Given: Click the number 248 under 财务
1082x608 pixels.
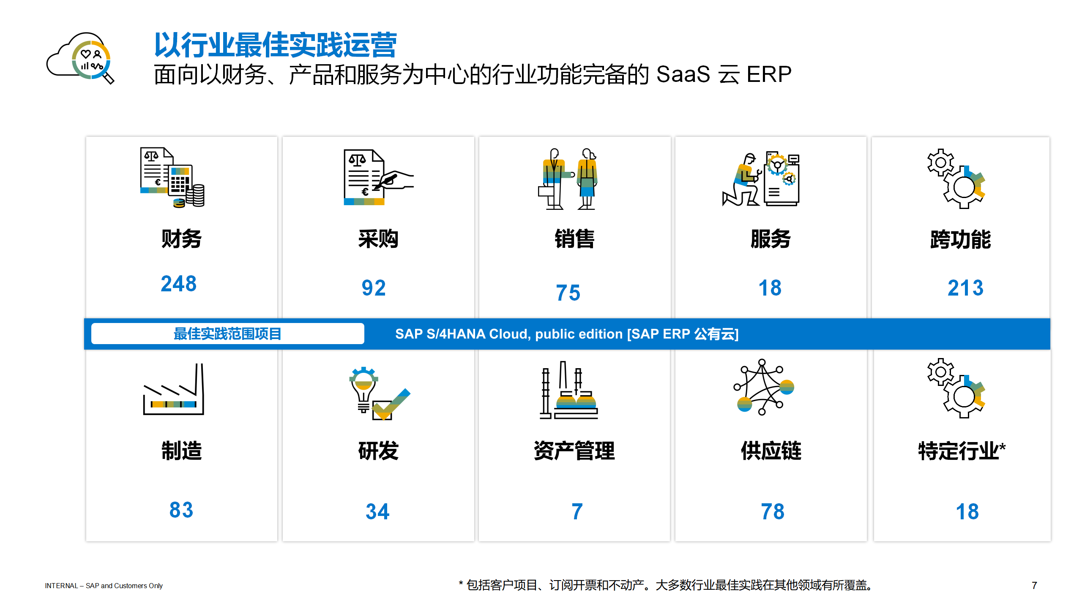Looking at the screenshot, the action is [179, 283].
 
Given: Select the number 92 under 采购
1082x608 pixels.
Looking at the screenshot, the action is [374, 288].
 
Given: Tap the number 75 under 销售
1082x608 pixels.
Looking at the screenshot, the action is [568, 293].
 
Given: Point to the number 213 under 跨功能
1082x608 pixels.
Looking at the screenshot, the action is [965, 288].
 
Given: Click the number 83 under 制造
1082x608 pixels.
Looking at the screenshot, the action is [181, 510].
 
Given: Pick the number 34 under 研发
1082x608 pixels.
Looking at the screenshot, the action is [377, 512].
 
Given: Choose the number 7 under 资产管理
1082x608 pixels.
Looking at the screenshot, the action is [577, 512].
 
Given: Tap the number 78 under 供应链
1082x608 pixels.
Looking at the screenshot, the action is [773, 512].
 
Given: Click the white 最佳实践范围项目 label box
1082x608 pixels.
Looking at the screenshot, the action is [228, 334].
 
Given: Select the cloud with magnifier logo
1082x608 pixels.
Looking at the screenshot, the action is [80, 58].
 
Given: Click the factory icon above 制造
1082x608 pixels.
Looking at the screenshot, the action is [174, 389].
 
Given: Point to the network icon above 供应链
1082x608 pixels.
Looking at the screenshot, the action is [763, 387].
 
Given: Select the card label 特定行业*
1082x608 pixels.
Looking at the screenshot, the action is [962, 451].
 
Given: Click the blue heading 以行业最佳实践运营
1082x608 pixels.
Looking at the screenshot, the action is [276, 45].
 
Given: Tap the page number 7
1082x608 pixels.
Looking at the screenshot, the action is [1034, 586].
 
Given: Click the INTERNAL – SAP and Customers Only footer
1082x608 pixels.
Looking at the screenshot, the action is [104, 586].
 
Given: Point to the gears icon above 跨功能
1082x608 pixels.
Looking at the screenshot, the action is [956, 179].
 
